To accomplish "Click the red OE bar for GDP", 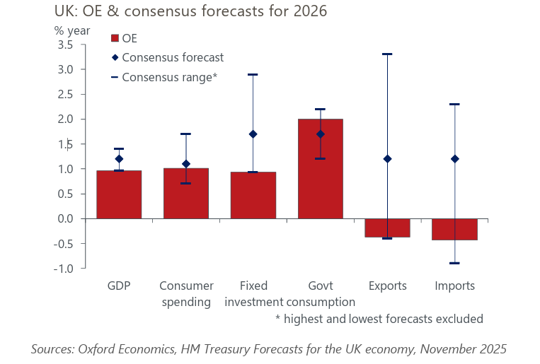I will pos(119,194).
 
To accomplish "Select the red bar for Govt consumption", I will pos(320,169).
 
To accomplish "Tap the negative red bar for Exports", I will pos(387,228).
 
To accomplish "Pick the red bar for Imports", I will pos(454,230).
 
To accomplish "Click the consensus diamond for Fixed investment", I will pos(253,134).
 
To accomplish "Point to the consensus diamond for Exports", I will pos(387,159).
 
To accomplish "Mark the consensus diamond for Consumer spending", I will pos(185,164).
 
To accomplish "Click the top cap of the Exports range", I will pos(387,54).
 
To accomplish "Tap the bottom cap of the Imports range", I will pos(454,263).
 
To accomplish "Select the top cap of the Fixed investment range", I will pos(253,74).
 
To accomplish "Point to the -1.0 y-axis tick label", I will pos(64,269).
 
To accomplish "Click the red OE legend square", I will pos(115,38).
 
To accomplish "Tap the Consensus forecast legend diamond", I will pos(115,57).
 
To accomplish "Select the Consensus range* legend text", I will pos(169,77).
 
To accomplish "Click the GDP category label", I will pos(119,286).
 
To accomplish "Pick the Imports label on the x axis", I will pos(454,286).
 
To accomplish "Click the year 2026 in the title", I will pos(311,11).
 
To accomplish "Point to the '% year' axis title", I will pos(72,30).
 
